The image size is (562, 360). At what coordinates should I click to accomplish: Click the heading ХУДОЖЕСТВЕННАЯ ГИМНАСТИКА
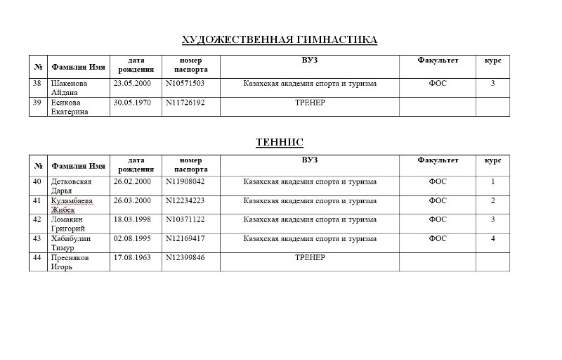280,39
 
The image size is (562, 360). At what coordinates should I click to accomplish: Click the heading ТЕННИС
280,142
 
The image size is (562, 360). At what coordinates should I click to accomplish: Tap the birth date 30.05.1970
132,103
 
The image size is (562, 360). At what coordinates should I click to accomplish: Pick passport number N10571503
185,84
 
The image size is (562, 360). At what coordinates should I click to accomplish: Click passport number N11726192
185,103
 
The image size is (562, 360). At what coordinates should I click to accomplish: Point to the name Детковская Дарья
71,186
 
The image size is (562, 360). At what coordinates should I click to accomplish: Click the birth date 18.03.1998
132,220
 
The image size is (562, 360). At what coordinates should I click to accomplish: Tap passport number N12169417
185,239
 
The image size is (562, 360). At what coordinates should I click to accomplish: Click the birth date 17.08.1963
132,258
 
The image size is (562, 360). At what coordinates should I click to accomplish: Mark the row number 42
38,220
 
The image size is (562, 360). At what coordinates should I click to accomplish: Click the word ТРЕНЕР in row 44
310,258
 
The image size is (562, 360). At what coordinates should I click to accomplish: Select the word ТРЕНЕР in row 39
310,103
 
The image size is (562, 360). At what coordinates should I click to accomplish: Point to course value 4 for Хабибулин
492,239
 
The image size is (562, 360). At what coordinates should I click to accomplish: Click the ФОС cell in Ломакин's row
438,220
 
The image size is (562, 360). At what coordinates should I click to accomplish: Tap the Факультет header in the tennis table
438,160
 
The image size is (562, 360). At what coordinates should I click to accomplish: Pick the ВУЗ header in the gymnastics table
310,60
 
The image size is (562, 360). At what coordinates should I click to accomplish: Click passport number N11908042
185,182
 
